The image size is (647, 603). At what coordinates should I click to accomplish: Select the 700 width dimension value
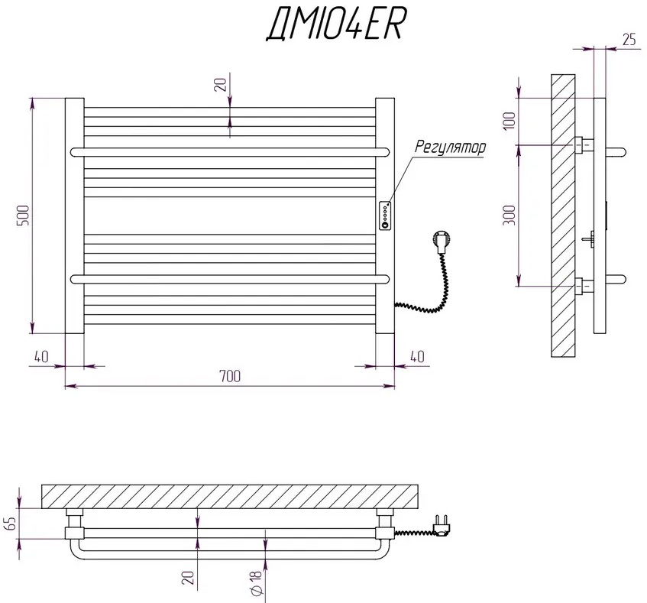(x=229, y=375)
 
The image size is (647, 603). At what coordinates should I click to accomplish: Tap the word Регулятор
(x=450, y=148)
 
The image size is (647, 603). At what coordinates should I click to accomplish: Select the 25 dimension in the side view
(x=629, y=41)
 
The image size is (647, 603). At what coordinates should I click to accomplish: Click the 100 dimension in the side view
(x=510, y=120)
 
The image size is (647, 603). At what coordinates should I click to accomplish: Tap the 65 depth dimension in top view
(x=10, y=523)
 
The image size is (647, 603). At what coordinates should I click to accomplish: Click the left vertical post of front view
(x=74, y=216)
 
